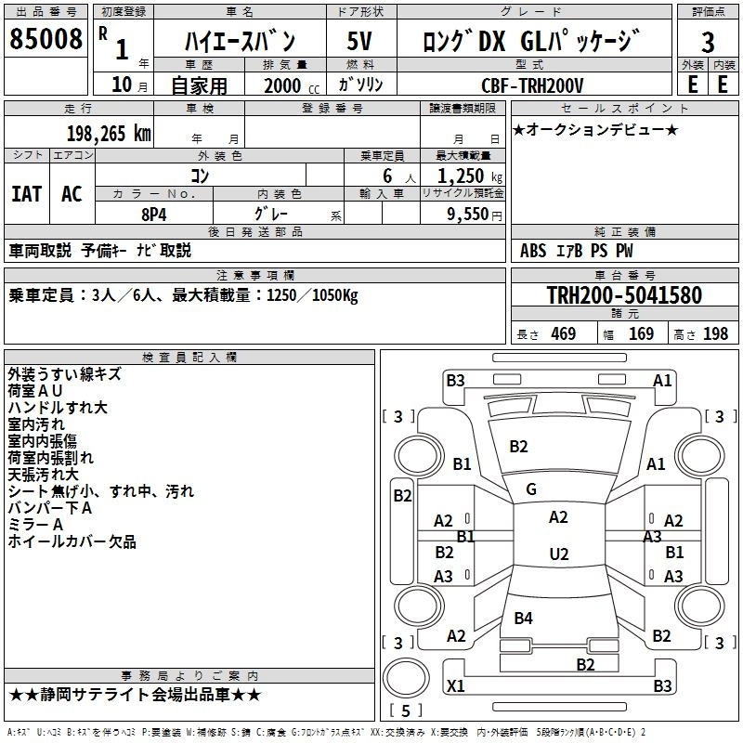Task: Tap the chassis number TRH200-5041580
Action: [623, 295]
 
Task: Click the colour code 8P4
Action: [153, 213]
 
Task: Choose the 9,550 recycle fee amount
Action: [462, 214]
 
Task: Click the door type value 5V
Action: [359, 42]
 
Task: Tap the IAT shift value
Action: [26, 193]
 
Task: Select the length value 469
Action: [563, 334]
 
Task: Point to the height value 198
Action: [716, 334]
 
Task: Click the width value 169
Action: [641, 334]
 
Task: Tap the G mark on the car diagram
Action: [531, 489]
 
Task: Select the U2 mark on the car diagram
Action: [558, 554]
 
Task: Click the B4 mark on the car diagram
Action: [524, 619]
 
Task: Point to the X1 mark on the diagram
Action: [456, 686]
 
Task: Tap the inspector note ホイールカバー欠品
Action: [72, 541]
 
